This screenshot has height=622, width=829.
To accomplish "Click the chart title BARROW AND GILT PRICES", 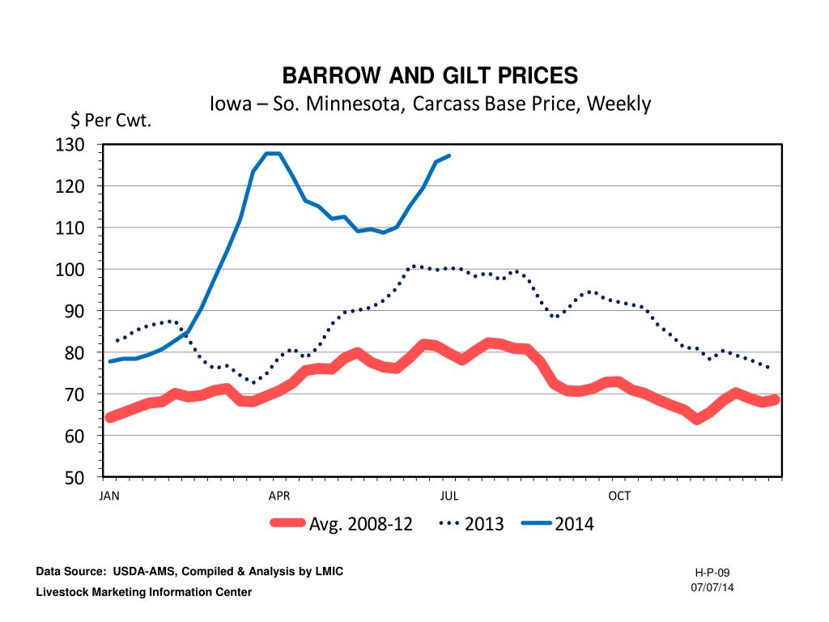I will [x=430, y=76].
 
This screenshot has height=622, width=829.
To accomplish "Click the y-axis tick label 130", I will [x=70, y=145].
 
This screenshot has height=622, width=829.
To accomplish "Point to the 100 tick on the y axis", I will [x=70, y=270].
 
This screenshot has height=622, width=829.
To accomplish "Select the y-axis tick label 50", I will [x=74, y=478].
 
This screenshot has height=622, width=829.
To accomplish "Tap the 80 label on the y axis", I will [x=74, y=353].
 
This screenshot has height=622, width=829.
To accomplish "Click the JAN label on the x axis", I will [x=109, y=496].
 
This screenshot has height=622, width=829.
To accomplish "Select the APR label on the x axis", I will [x=278, y=496].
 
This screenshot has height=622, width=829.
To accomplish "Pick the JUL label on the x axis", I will [x=449, y=496].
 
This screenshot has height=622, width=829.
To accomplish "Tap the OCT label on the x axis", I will [x=619, y=496].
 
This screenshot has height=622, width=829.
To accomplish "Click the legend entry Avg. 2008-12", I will [x=360, y=524].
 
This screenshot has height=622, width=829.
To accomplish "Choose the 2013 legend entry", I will [x=484, y=524].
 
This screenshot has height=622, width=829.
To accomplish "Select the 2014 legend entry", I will [x=574, y=524].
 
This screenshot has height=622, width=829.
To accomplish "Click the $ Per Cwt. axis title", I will [x=111, y=121].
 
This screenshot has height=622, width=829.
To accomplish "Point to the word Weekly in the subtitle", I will [x=619, y=104].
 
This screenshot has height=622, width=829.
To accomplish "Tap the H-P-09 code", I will [x=712, y=573].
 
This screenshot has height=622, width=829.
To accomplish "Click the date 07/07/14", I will [x=712, y=586].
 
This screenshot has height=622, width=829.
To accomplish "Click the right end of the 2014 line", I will [x=449, y=155].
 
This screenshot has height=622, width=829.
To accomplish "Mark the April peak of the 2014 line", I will [x=273, y=153].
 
